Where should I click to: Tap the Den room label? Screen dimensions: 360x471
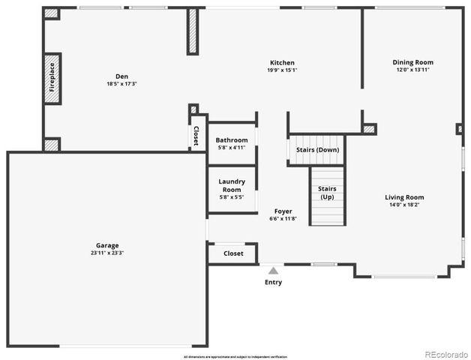[x=121, y=76]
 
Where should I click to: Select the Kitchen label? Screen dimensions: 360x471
[x=283, y=63]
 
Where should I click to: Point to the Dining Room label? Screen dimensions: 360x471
[x=413, y=62]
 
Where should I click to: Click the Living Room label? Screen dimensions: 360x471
[x=405, y=197]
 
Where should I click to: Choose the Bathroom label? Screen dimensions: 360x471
[x=232, y=140]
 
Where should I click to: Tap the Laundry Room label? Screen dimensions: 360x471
[x=232, y=185]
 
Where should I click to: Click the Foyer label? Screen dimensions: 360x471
[x=283, y=211]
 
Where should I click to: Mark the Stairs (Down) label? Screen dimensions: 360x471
[x=317, y=150]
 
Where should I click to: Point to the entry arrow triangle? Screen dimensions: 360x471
[x=274, y=270]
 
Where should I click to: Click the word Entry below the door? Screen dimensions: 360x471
[x=274, y=283]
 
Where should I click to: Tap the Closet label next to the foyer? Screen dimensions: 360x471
[x=233, y=253]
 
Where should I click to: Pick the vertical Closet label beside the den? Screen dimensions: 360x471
[x=196, y=135]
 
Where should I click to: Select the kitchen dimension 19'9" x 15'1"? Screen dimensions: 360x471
[x=283, y=70]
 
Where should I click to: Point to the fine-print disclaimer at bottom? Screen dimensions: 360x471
[x=235, y=355]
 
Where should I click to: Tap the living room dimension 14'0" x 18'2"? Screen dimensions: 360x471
[x=405, y=205]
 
